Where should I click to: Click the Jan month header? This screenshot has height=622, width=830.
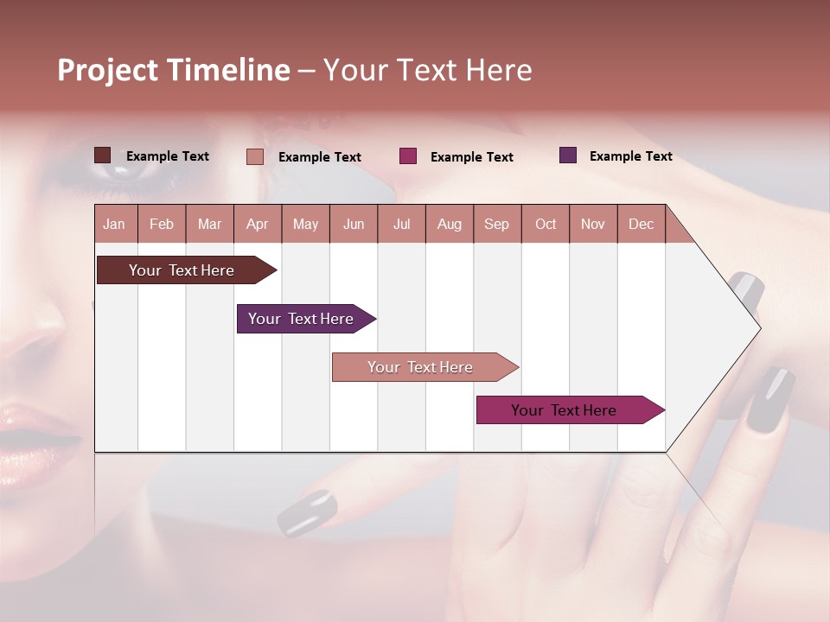(115, 224)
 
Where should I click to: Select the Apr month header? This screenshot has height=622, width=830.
(258, 224)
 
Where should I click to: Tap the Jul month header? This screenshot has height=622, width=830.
(401, 224)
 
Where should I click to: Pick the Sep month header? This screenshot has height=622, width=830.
(497, 224)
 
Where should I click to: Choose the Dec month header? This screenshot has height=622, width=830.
(641, 224)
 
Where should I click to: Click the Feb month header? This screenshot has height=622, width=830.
(162, 224)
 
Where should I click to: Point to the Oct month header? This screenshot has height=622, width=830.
(546, 224)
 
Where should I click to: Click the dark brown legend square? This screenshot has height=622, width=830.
(102, 155)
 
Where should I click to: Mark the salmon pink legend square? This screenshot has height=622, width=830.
(254, 156)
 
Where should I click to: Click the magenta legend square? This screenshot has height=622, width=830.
(408, 156)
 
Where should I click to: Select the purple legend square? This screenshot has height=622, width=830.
(568, 155)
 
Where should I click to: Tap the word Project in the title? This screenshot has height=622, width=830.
(106, 70)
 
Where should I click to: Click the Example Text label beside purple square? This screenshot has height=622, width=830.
(630, 156)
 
